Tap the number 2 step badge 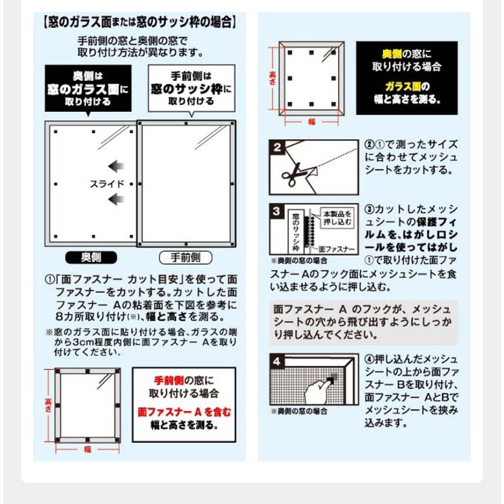(276, 148)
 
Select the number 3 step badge (276, 211)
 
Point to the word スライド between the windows (107, 183)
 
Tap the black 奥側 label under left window (92, 257)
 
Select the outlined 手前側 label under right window (185, 257)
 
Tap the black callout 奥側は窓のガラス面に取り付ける (88, 89)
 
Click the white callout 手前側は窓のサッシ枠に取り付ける (191, 89)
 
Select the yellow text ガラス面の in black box (407, 86)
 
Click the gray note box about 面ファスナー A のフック (363, 322)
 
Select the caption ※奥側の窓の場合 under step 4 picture (299, 411)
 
